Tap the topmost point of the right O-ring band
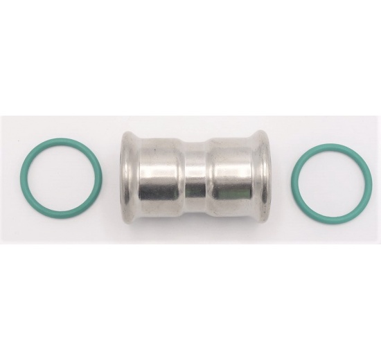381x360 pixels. coord(321,145)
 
